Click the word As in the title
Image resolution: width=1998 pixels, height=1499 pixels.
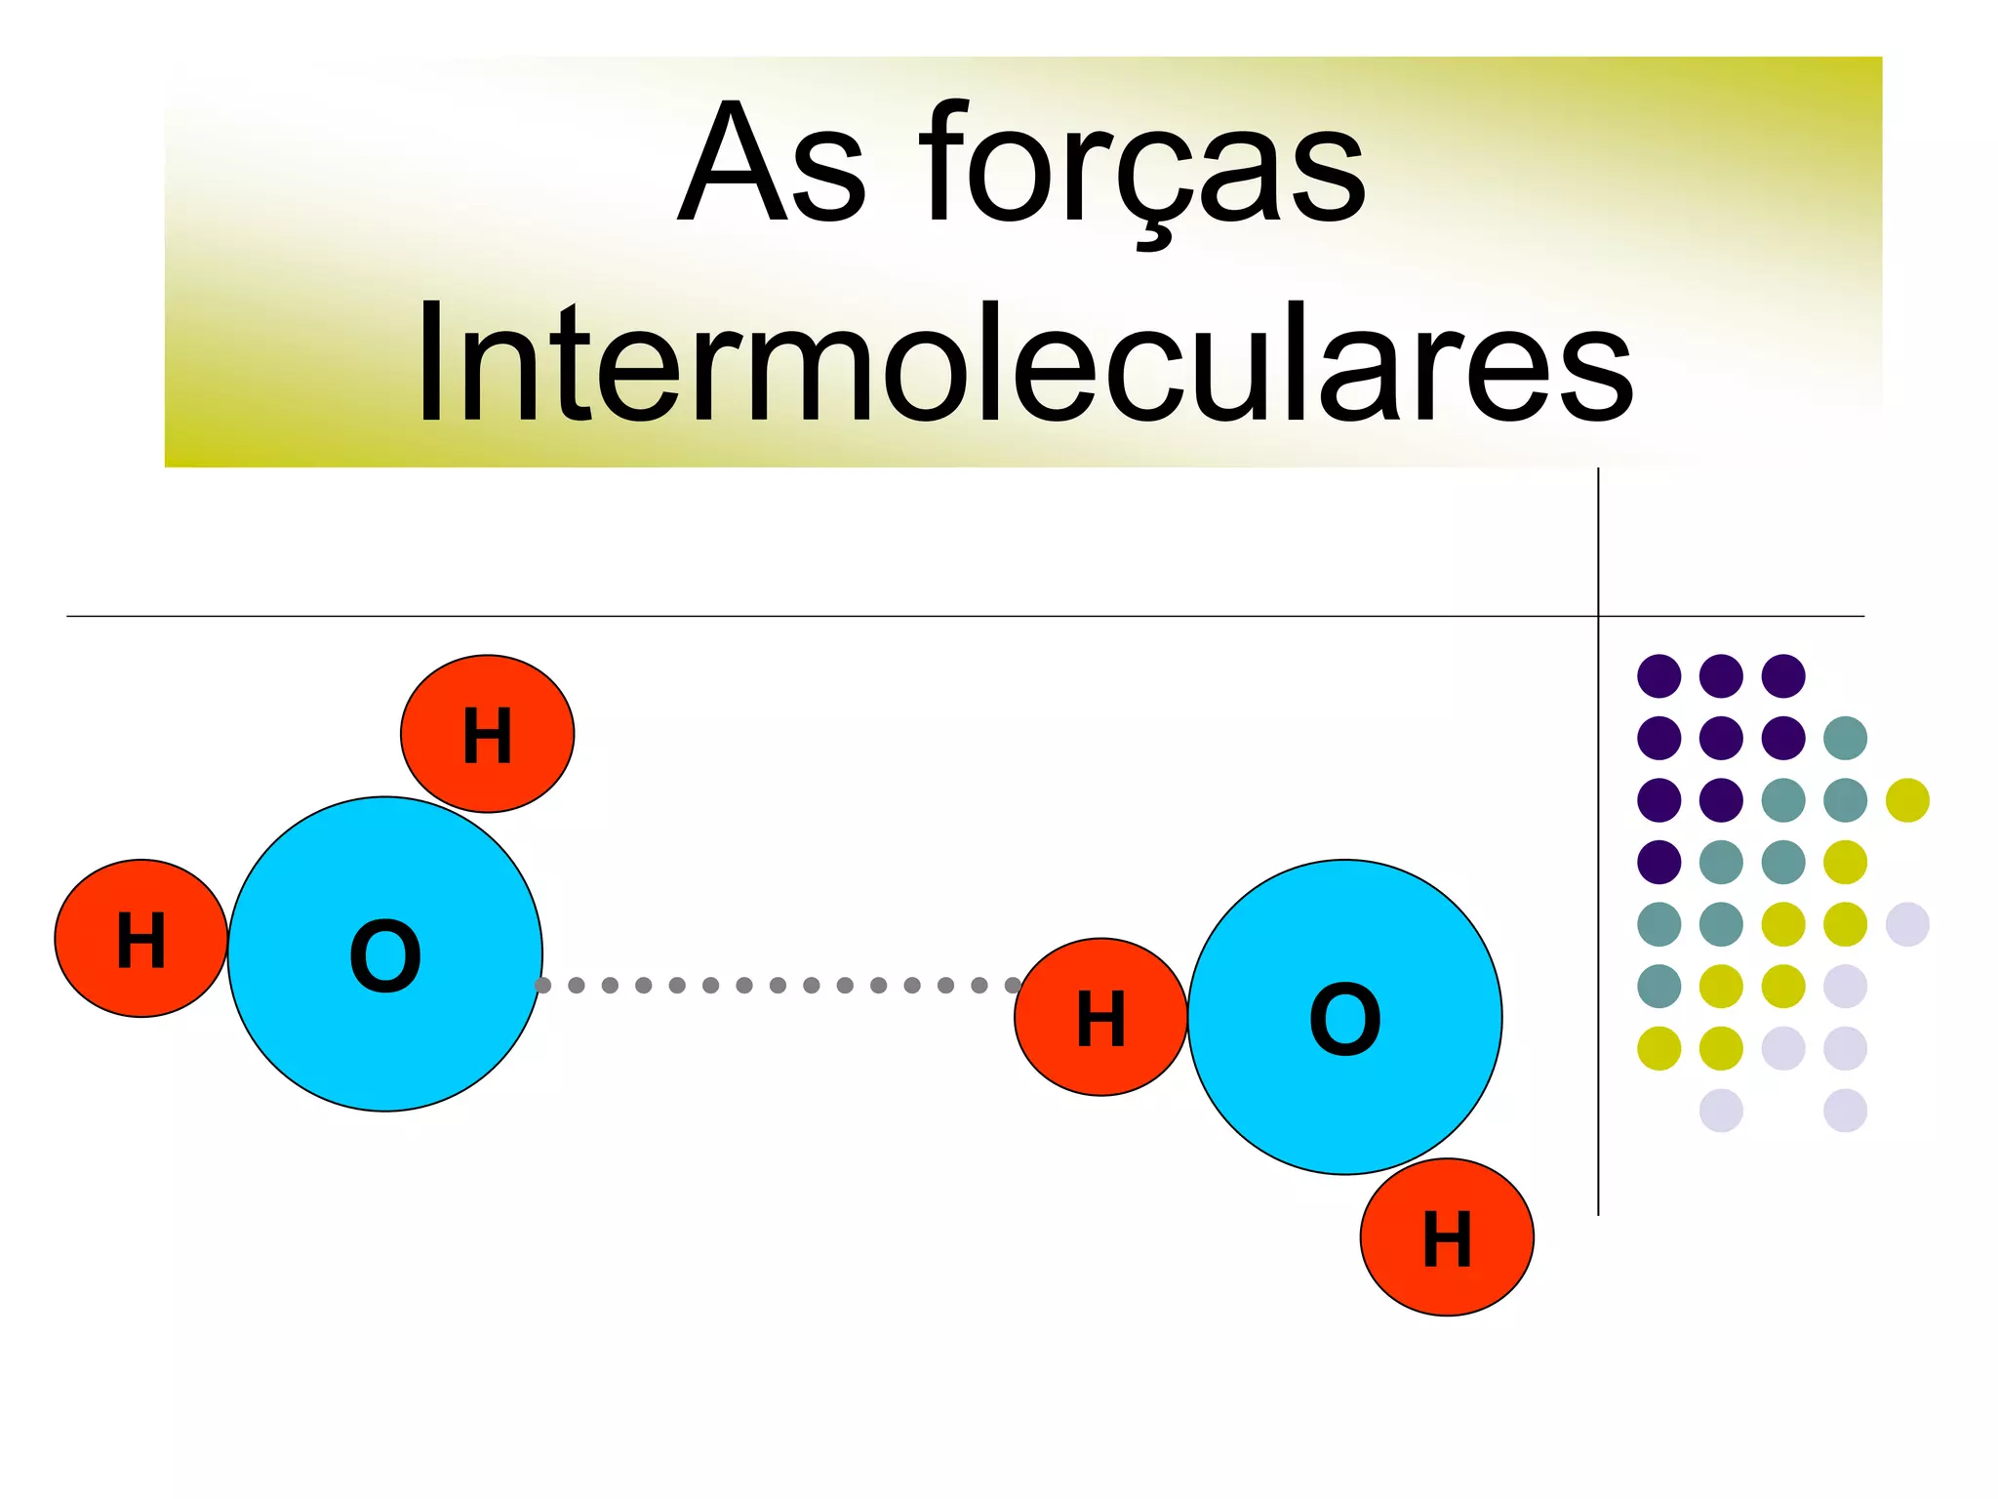(771, 164)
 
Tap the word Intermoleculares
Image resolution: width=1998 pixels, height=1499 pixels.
(1024, 363)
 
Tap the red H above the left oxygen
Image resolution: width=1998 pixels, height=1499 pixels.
(487, 734)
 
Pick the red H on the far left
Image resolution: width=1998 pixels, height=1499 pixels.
(140, 939)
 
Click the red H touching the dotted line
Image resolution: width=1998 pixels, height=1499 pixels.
(1100, 1017)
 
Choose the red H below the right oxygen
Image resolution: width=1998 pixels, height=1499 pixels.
(1447, 1237)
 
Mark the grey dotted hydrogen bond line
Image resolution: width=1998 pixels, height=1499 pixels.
(778, 985)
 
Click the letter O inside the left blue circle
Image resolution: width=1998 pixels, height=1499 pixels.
(385, 955)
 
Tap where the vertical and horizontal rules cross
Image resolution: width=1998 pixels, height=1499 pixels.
(1598, 616)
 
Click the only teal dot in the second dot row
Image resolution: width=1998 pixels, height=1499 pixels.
(1845, 738)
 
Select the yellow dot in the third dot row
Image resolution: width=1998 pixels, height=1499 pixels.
(1907, 800)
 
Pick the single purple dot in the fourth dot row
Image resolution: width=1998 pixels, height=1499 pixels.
(1658, 862)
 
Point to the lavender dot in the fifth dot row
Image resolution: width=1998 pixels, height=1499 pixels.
(1907, 924)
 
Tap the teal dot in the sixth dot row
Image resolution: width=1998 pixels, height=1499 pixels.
(1658, 986)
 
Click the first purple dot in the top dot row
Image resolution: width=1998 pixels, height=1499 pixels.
(1658, 675)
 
